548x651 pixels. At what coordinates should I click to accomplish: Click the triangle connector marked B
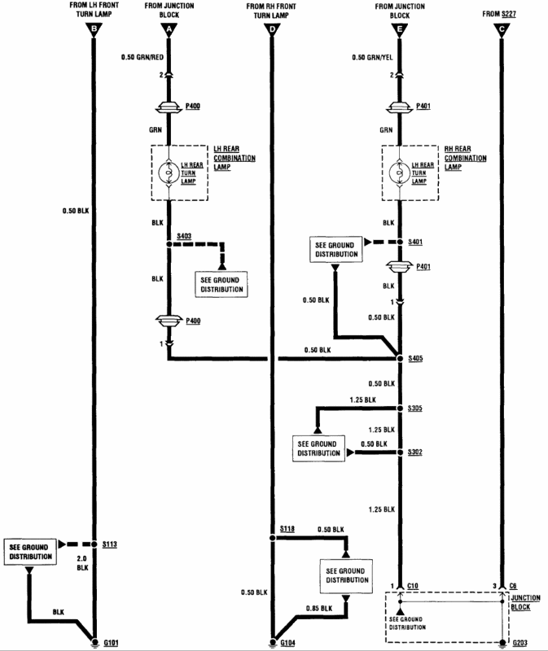[x=94, y=30]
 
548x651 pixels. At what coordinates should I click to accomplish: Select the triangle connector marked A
[x=169, y=30]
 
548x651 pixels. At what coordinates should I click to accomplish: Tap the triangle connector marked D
[x=271, y=30]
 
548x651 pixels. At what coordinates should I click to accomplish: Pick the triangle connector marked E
[x=400, y=30]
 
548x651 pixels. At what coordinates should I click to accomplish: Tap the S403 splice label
[x=186, y=235]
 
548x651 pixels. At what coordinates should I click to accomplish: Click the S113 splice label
[x=110, y=543]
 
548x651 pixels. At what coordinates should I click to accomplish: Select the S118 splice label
[x=287, y=529]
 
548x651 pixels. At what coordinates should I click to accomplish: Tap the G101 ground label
[x=111, y=642]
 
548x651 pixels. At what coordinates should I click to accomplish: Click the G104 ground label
[x=288, y=642]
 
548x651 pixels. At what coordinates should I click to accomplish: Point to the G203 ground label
[x=518, y=642]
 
